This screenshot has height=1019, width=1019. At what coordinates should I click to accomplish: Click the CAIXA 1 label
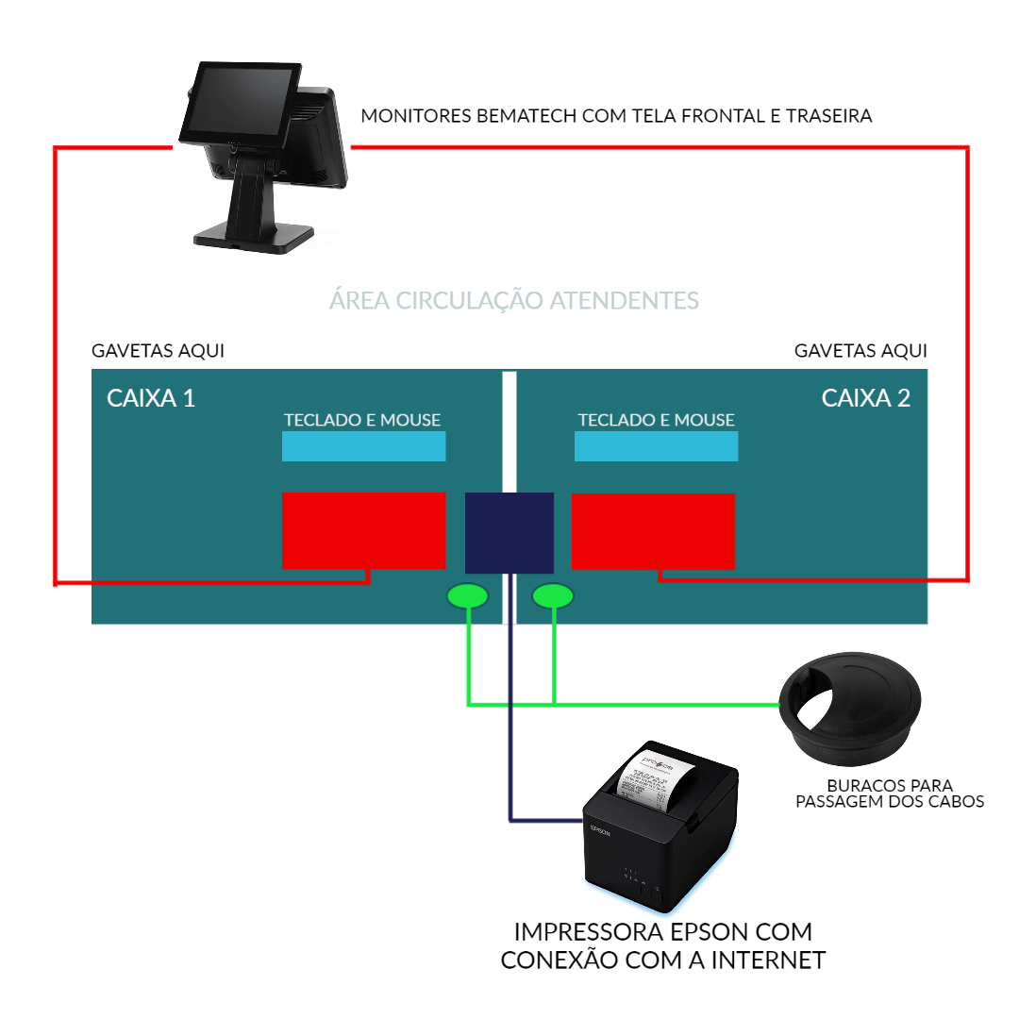[x=151, y=398]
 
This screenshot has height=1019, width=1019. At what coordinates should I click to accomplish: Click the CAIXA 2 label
[x=866, y=398]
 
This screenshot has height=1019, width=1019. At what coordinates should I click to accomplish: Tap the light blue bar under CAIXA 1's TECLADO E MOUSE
[x=363, y=446]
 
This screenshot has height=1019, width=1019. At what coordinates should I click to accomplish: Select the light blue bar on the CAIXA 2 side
[x=656, y=446]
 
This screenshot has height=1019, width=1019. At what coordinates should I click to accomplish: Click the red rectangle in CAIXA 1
[x=363, y=530]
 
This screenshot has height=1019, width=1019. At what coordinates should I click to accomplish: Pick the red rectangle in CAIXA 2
[x=653, y=531]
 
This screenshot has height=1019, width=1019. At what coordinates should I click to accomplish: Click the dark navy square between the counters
[x=509, y=532]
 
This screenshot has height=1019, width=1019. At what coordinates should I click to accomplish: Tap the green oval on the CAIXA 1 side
[x=467, y=596]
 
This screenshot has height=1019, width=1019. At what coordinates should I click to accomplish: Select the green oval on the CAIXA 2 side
[x=553, y=596]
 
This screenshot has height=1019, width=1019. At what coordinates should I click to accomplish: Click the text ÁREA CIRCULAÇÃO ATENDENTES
[x=514, y=301]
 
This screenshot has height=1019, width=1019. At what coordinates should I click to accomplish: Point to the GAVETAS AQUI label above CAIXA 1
[x=158, y=351]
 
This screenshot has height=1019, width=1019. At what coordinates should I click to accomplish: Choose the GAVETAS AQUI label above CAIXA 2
[x=860, y=351]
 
